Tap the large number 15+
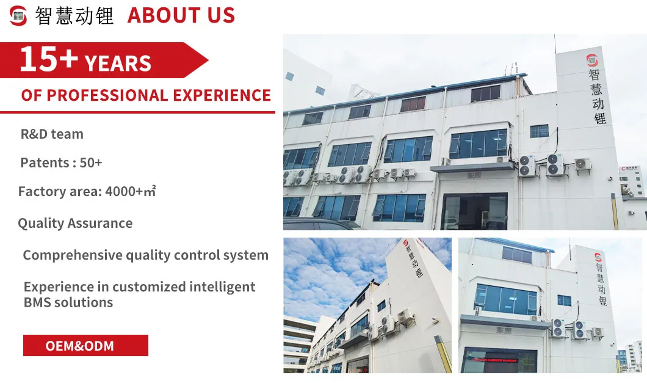[48, 59]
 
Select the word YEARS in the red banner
[118, 63]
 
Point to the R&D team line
[52, 134]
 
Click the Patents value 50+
[91, 163]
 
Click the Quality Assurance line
[75, 224]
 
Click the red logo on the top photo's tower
[593, 60]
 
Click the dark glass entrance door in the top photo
[474, 211]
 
